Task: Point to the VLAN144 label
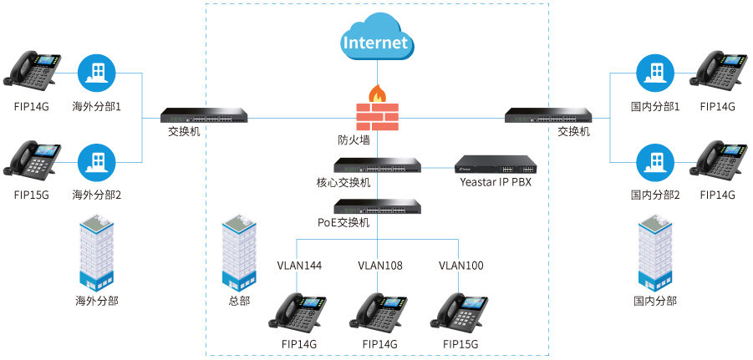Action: [299, 266]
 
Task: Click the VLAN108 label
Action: [380, 266]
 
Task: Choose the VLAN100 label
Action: [461, 266]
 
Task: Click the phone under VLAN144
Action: [298, 313]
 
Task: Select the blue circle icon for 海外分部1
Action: [96, 73]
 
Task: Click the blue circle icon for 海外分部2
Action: [96, 161]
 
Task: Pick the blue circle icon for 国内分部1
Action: [654, 73]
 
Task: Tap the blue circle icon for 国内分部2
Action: [654, 161]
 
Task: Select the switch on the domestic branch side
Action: [548, 115]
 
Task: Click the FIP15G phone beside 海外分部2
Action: [33, 161]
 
